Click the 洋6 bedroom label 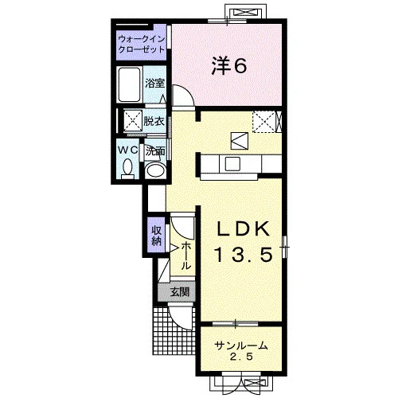click(229, 66)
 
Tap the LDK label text click(244, 228)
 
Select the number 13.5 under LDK click(244, 254)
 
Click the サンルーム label click(240, 345)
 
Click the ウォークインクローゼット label click(142, 44)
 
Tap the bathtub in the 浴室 click(129, 84)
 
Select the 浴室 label click(155, 84)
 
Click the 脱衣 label click(154, 122)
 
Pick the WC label click(128, 150)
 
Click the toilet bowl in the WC click(128, 168)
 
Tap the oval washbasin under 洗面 click(156, 170)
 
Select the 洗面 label click(155, 151)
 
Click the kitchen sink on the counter click(232, 163)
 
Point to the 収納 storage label click(156, 236)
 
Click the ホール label click(185, 256)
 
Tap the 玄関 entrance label click(180, 292)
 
